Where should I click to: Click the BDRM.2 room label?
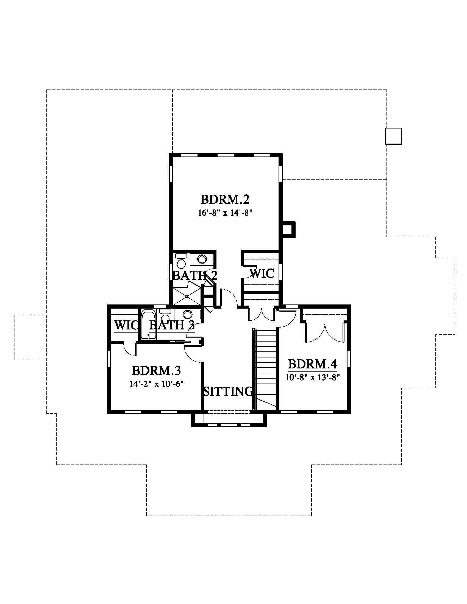225,199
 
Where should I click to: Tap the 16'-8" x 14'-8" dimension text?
225,214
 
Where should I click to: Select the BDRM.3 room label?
157,370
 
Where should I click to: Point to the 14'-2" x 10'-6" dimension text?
157,384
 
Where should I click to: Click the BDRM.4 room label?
313,364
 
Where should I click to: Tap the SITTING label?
229,391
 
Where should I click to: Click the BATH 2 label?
195,275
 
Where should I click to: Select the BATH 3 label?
172,325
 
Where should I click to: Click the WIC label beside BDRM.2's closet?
262,273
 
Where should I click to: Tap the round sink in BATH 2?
202,259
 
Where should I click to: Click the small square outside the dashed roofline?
393,136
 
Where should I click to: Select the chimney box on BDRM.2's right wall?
289,230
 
